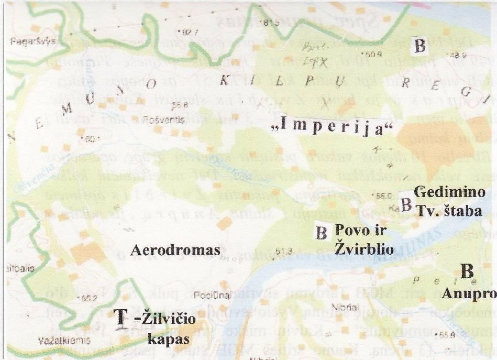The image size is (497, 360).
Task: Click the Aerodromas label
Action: coord(173,251)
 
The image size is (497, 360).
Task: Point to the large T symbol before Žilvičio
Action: coord(120,316)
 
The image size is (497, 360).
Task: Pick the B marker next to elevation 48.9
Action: coord(419,46)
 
